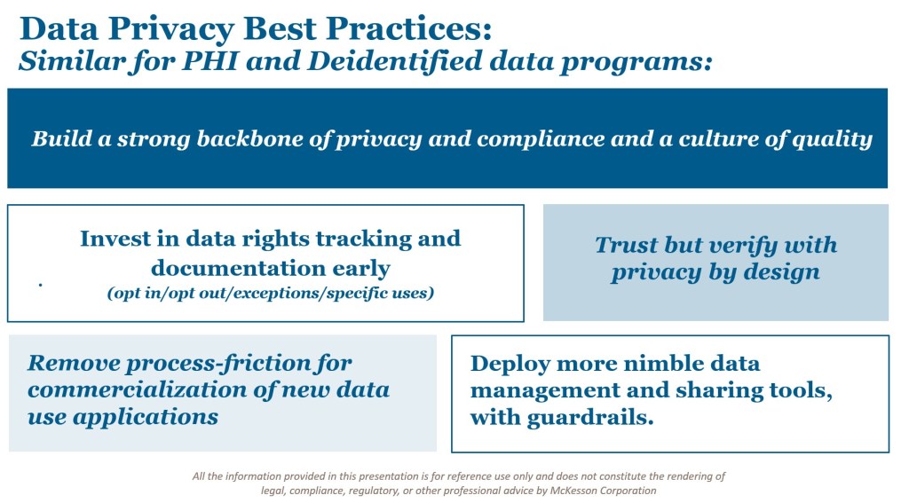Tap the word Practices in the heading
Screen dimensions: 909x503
[408, 28]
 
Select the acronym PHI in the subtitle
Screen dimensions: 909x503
[209, 61]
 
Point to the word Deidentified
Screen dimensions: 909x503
[394, 61]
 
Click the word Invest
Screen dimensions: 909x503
[115, 238]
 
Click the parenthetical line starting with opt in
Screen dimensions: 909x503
[270, 293]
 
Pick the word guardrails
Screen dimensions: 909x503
[590, 417]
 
